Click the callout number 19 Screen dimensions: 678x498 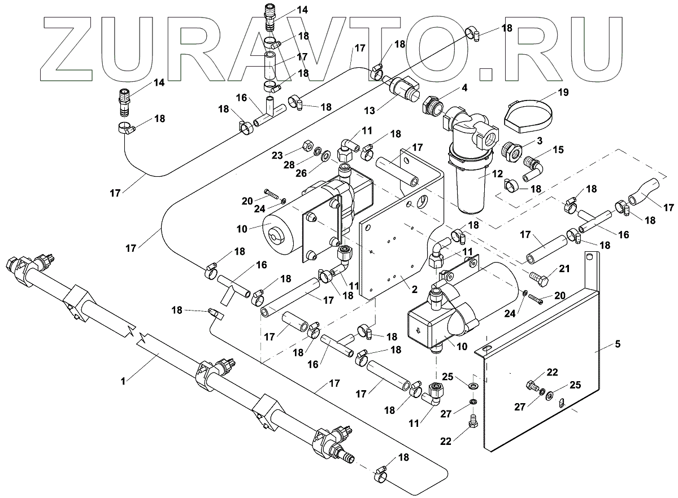pos(563,92)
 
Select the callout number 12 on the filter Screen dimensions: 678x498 pos(497,173)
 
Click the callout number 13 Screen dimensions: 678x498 pos(370,111)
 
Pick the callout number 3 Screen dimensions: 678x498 pos(540,141)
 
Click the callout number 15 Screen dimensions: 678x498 pos(558,150)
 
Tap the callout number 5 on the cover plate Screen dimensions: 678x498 pos(618,344)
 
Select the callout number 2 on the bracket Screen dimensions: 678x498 pos(414,289)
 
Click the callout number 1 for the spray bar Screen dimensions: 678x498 pos(123,382)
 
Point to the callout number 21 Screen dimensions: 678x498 pos(564,269)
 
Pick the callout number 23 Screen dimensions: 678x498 pos(277,155)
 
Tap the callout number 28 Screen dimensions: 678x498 pos(289,165)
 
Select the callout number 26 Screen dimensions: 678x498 pos(301,173)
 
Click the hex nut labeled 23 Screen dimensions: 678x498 pos(307,146)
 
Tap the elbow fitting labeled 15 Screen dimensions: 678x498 pos(532,169)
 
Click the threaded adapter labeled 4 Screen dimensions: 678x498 pos(433,106)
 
